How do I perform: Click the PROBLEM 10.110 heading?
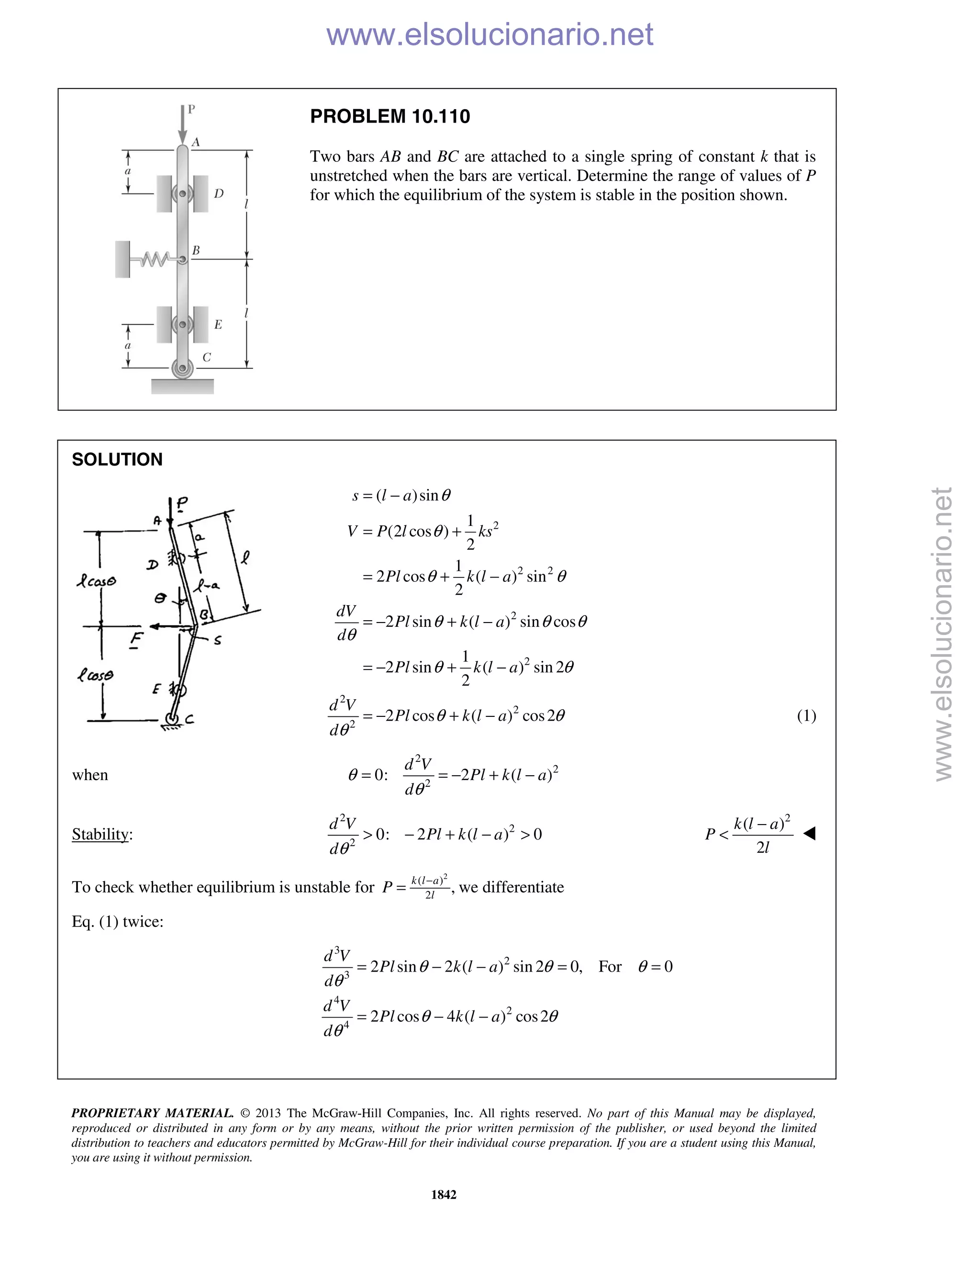click(390, 117)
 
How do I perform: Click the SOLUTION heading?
click(117, 460)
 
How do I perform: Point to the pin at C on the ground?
click(182, 368)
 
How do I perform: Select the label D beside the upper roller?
click(219, 193)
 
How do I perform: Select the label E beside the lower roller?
click(218, 324)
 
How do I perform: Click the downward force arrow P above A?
click(183, 125)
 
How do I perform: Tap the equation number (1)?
click(806, 716)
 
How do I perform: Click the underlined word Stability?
click(100, 834)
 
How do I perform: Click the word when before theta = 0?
click(90, 775)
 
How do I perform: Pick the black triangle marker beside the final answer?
click(809, 834)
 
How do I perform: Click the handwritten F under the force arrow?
click(136, 640)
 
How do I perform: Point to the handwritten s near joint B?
click(217, 641)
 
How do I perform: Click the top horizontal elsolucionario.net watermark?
click(490, 34)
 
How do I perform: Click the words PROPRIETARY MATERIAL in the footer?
click(152, 1113)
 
